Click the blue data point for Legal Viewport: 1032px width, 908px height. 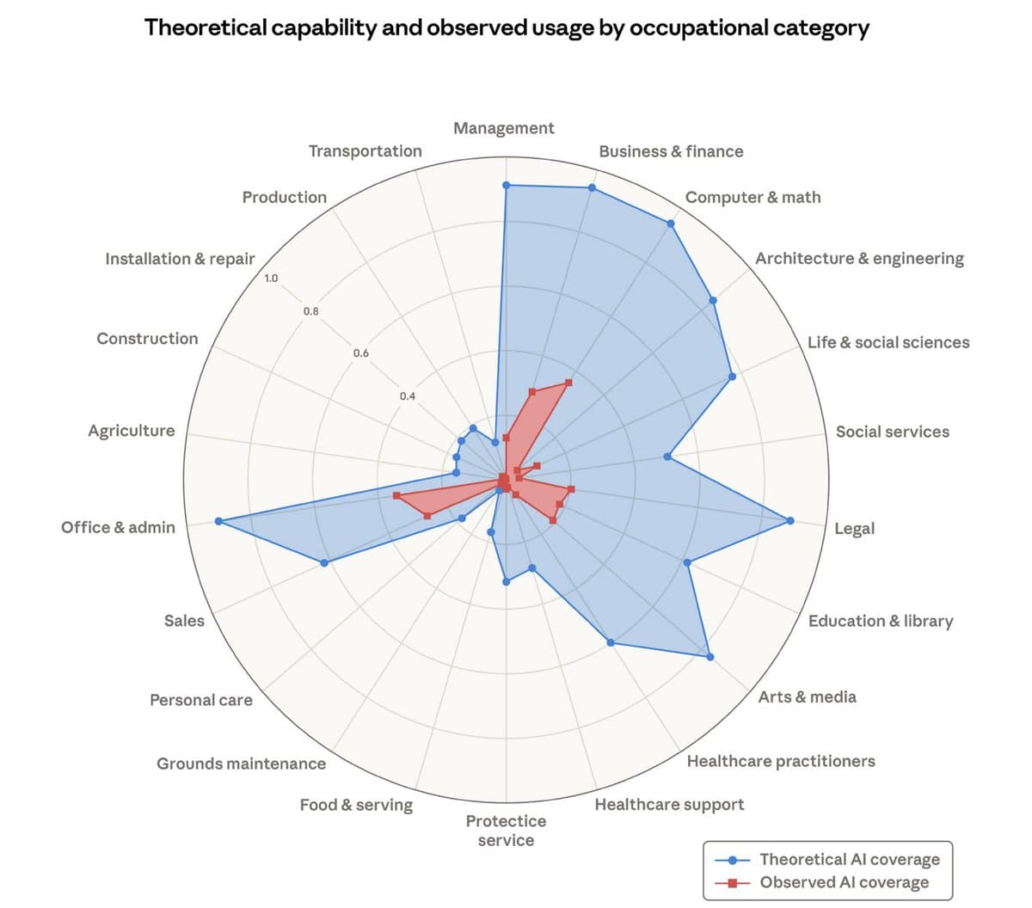coord(790,520)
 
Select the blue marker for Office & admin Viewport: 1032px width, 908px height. coord(218,521)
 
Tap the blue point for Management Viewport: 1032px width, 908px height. coord(506,185)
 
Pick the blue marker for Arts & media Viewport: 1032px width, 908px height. coord(710,657)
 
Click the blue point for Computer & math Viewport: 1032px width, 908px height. coord(671,224)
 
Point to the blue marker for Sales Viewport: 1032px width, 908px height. coord(324,563)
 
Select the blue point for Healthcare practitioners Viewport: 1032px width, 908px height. coord(610,642)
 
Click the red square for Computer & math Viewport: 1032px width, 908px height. coord(568,382)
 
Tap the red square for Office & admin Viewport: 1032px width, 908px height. coord(396,496)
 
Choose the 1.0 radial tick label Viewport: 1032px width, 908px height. coord(271,279)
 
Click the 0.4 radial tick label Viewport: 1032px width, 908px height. coord(407,396)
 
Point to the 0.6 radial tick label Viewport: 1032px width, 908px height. coord(360,353)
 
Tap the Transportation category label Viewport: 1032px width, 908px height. coord(365,151)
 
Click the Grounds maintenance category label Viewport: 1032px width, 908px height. coord(241,764)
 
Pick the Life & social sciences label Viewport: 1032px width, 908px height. coord(888,342)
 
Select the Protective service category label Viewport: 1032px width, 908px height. coord(506,831)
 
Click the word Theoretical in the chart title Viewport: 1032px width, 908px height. coord(206,28)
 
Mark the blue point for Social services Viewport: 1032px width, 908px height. coord(667,457)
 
